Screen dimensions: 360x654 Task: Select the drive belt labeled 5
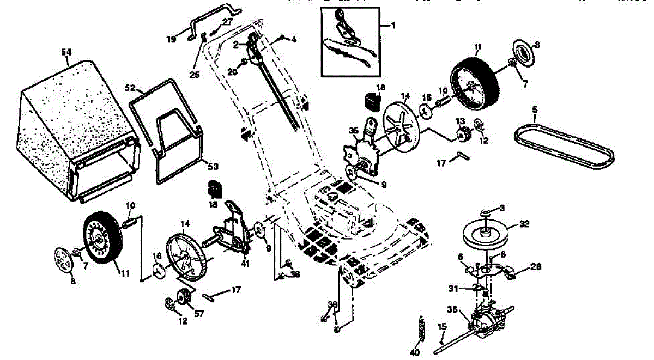click(561, 144)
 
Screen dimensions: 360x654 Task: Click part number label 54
click(66, 51)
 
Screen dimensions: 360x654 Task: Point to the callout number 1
click(395, 26)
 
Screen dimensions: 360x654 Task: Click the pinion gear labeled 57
click(183, 300)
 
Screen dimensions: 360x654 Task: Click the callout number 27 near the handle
click(227, 22)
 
